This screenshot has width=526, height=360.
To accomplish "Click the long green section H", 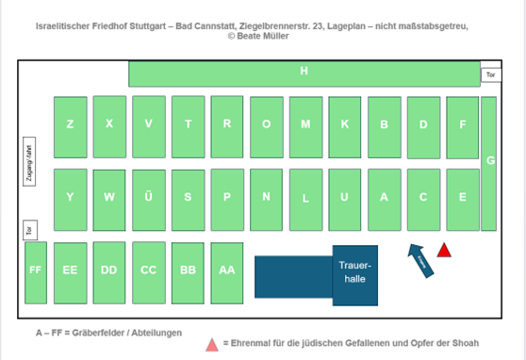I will point(304,73).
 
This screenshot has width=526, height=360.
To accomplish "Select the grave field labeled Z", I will point(70,125).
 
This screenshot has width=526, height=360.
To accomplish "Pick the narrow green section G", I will point(488,162).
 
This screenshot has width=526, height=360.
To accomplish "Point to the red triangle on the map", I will point(445,250).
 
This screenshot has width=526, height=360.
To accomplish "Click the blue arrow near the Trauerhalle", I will point(419,259).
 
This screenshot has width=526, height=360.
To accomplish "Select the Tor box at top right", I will point(488,74).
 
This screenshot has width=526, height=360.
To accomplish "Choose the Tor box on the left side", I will point(28,229).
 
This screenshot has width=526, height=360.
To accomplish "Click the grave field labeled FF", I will point(36,270).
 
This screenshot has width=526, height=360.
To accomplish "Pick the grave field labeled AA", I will point(226,270).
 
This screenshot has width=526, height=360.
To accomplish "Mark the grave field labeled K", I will point(345,125).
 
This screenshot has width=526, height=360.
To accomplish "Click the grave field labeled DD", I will point(109,270).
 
